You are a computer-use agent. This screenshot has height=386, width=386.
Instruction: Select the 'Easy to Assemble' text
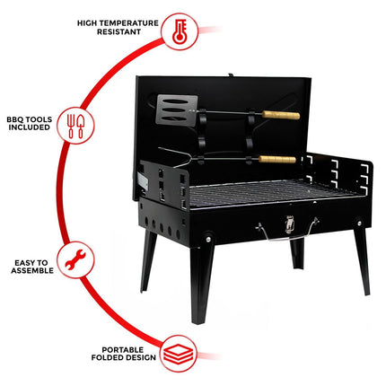(x=31, y=267)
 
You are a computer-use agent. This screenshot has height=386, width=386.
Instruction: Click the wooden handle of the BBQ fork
(x=276, y=159)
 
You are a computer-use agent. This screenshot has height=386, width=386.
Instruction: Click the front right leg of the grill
(x=361, y=260)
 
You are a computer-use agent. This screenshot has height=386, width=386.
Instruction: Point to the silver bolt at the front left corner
(x=207, y=238)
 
